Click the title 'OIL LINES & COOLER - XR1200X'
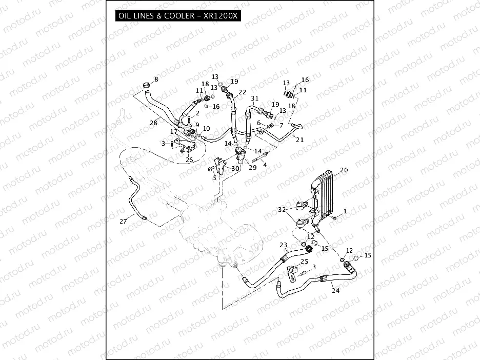click(178, 15)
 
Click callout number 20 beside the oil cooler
click(344, 170)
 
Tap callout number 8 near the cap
click(156, 79)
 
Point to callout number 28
click(153, 123)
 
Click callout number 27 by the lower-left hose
click(123, 221)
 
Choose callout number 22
click(242, 92)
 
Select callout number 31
click(255, 98)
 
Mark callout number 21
click(299, 139)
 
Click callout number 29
click(252, 168)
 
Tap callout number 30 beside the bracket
click(235, 168)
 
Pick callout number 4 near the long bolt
click(265, 165)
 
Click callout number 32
click(282, 210)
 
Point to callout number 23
click(283, 245)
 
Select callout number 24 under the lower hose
click(335, 290)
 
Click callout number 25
click(304, 262)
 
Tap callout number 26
click(190, 159)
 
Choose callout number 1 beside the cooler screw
click(345, 211)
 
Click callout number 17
click(174, 132)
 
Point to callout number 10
click(206, 129)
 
